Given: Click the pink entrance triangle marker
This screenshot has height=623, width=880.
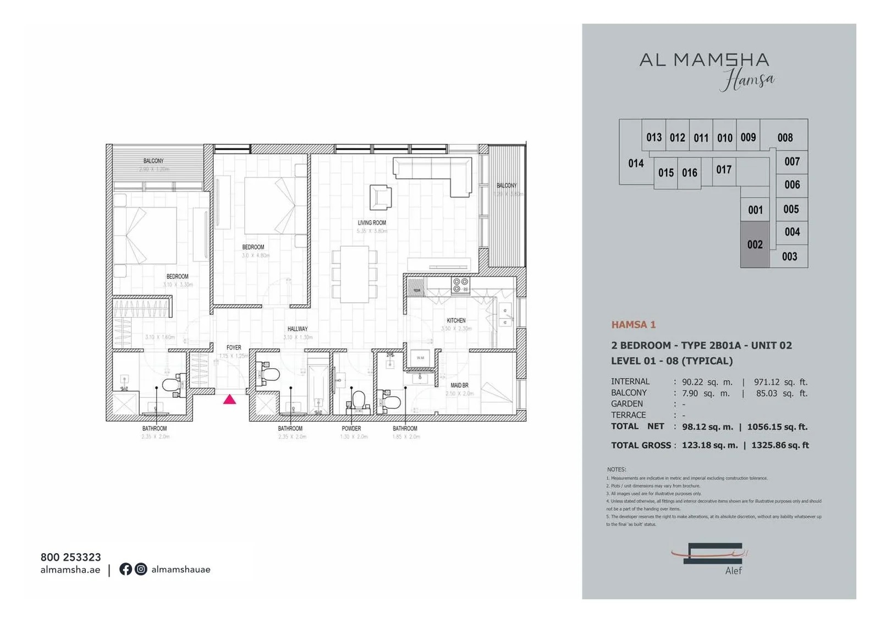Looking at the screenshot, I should click(x=229, y=400).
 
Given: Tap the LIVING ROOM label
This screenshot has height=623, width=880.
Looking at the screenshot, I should click(x=372, y=223).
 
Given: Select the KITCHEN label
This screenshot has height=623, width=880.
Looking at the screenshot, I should click(x=456, y=320).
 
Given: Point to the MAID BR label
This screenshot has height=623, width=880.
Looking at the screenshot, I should click(x=459, y=385).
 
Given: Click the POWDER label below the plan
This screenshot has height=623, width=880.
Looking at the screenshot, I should click(x=351, y=428).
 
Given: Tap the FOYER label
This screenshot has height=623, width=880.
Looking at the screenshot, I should click(x=234, y=348).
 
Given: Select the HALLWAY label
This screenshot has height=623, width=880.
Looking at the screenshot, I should click(x=298, y=329).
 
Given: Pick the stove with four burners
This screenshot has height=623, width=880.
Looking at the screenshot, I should click(x=460, y=285).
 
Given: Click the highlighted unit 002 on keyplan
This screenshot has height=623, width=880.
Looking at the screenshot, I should click(x=755, y=244).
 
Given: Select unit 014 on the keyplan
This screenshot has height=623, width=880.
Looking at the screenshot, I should click(x=636, y=163).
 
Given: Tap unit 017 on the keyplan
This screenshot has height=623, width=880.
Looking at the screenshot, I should click(x=724, y=170).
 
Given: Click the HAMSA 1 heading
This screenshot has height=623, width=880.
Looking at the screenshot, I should click(x=633, y=325).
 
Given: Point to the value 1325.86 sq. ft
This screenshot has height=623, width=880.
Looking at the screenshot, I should click(x=780, y=445).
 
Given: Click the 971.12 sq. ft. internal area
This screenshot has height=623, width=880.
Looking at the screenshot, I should click(x=780, y=382).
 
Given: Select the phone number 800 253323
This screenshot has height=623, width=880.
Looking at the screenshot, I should click(x=70, y=557).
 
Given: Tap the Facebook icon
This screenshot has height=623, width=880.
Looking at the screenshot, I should click(x=125, y=569).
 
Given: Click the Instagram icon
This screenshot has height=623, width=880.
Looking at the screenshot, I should click(x=141, y=569).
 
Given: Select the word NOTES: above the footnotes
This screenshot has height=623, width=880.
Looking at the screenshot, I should click(x=617, y=469).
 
